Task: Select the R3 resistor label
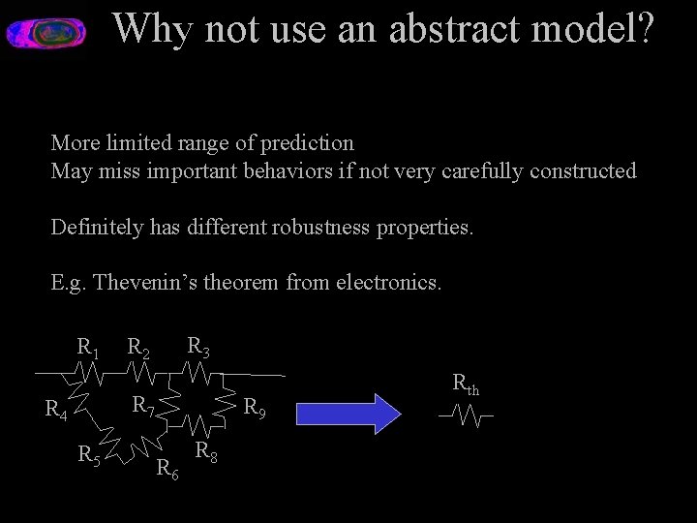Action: pos(198,345)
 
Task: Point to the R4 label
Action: pos(56,411)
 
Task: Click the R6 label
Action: pos(167,471)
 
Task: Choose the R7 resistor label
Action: pos(142,404)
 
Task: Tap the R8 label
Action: pos(205,451)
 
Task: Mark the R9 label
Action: pos(254,408)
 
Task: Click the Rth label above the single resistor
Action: pos(466,384)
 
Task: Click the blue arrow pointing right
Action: pos(348,413)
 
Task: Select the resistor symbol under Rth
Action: pos(466,416)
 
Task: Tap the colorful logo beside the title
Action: pos(46,34)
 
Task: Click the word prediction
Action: pos(308,143)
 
